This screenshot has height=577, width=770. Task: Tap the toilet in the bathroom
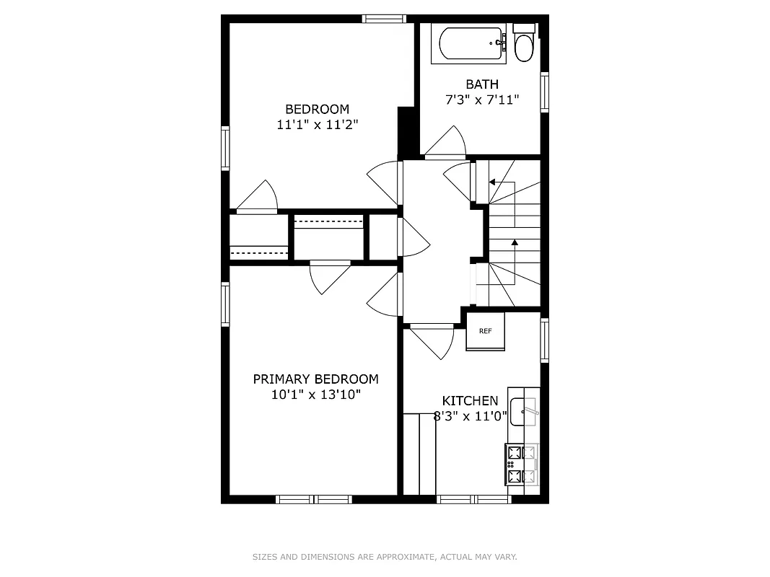coord(524,45)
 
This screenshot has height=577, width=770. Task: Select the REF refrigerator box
coord(485,331)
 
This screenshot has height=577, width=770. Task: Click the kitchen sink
coord(523,411)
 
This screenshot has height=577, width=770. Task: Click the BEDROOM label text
coord(317,109)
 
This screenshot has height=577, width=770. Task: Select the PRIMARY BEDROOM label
coord(315,379)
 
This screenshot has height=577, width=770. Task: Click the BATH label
coord(481,84)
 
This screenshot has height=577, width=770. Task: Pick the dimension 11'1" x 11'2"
coord(317,125)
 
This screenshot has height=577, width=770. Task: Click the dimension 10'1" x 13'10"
coord(315,395)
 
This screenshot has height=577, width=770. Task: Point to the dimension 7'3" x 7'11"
coord(481,100)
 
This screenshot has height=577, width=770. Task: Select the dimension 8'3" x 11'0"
coord(470,416)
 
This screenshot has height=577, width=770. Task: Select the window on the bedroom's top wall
coord(384,19)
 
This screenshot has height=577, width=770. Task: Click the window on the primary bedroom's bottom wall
coord(313,499)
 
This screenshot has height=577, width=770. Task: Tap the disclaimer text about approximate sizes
coord(385,557)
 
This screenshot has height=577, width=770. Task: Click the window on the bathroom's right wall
coord(545,92)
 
